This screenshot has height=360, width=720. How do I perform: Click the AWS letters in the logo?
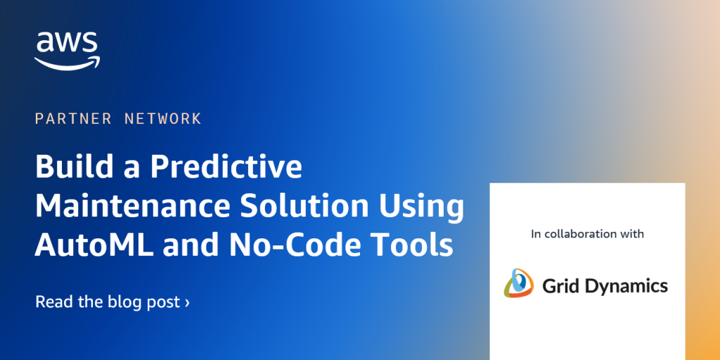point(67,43)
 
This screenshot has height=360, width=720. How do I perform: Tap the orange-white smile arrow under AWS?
point(67,63)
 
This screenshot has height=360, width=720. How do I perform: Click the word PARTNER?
point(73,119)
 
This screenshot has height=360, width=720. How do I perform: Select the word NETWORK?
point(162,119)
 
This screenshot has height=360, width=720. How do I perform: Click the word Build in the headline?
point(68,167)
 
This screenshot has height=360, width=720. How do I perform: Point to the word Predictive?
point(226,167)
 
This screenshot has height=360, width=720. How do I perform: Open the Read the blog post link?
point(112,302)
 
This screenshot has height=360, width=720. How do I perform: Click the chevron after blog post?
point(186,303)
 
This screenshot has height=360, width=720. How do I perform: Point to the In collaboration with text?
point(587,233)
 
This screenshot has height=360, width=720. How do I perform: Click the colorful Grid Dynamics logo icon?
point(519,283)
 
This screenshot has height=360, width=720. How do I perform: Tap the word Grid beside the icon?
point(557,285)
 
